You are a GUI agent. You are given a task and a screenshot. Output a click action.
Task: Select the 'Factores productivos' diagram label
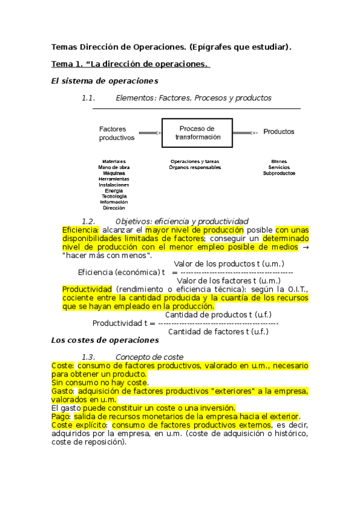117,133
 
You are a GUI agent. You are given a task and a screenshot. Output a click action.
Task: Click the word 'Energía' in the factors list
114,191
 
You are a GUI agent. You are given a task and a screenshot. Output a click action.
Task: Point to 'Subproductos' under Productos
279,173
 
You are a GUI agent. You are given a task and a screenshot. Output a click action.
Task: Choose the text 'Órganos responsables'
195,167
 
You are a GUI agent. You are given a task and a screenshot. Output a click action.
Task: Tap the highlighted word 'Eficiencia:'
81,230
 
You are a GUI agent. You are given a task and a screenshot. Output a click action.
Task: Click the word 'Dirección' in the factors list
114,208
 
